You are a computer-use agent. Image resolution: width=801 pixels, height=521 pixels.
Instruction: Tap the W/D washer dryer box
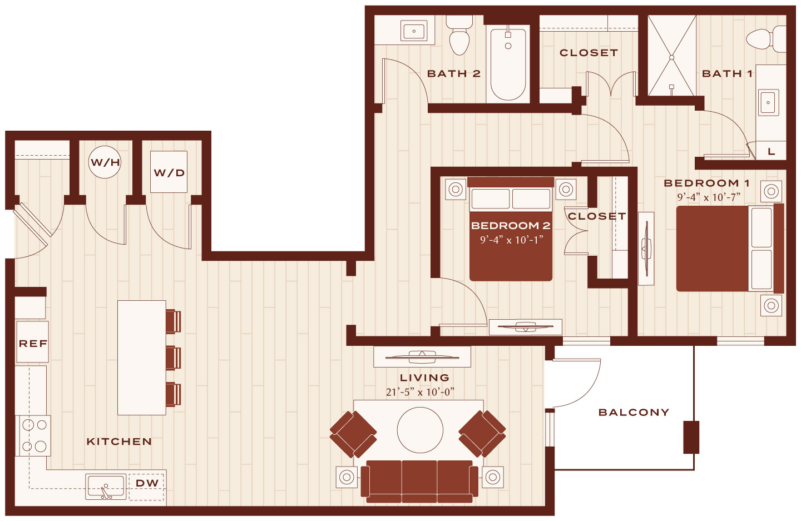point(169,172)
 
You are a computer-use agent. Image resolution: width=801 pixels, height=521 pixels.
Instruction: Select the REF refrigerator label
point(33,344)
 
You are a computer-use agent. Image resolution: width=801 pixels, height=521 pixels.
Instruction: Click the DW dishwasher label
point(147,483)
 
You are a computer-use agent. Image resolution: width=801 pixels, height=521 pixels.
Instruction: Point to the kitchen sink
point(106,487)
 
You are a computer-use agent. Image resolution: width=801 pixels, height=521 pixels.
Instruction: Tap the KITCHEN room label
point(119,441)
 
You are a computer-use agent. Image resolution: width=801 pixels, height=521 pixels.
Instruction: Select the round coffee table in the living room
point(420,430)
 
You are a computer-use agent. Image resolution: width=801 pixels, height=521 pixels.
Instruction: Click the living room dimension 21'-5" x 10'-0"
point(420,392)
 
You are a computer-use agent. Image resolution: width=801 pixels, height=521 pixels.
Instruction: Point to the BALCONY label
point(634,413)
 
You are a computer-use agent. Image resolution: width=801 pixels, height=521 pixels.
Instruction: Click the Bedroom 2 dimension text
point(511,240)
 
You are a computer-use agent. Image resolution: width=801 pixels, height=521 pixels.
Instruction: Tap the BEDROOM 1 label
point(706,183)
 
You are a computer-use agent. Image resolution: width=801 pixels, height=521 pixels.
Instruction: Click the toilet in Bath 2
point(459,35)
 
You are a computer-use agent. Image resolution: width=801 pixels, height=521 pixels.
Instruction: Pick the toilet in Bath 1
point(766,39)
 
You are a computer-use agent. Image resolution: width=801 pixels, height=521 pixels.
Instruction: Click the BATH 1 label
point(728,73)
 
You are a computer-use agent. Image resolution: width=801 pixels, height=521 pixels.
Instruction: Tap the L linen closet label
point(772,151)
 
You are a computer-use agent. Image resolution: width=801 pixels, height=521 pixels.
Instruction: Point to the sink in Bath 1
point(768,102)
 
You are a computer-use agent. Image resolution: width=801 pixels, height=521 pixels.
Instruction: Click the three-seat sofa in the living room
point(419,482)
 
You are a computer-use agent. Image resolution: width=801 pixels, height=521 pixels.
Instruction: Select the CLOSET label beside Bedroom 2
point(596,216)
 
